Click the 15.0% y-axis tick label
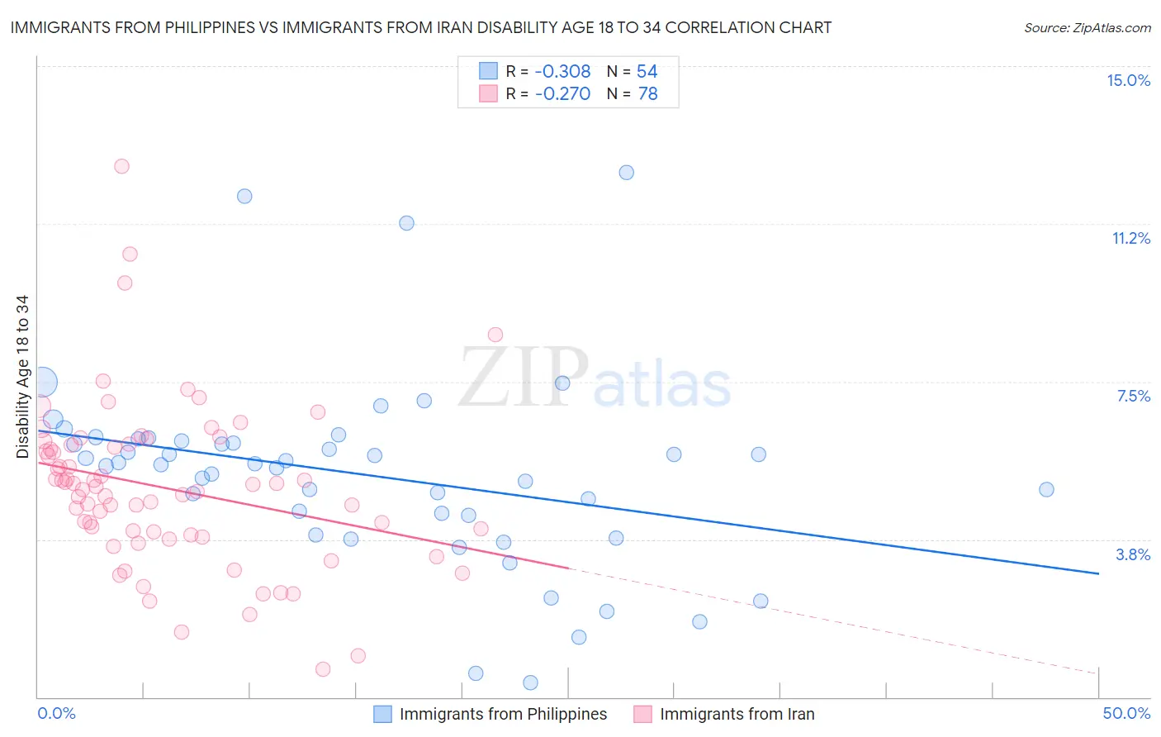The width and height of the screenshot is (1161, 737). (1128, 80)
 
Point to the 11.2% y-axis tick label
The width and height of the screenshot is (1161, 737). (1130, 238)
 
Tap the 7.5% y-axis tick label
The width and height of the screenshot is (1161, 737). (1133, 396)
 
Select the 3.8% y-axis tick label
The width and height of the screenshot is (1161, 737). (1133, 554)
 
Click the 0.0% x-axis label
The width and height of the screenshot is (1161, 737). (56, 713)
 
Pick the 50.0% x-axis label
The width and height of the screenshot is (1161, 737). (1126, 713)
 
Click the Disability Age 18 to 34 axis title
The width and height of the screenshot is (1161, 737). (22, 377)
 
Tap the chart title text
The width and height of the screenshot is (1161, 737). (420, 27)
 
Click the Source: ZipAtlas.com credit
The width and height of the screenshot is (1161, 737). (1087, 27)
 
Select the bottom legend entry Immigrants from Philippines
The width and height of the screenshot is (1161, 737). (502, 714)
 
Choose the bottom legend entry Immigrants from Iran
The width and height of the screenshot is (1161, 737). (737, 714)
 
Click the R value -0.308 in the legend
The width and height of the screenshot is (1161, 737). (562, 72)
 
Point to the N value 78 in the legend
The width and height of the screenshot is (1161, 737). (648, 94)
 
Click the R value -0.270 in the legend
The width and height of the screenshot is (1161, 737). (562, 94)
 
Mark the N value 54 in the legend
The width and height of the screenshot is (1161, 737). (647, 72)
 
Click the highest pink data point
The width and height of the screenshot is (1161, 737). (121, 166)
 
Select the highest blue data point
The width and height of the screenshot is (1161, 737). (627, 173)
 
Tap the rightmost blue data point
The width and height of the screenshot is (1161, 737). (1046, 489)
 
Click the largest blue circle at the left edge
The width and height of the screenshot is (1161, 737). (42, 383)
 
